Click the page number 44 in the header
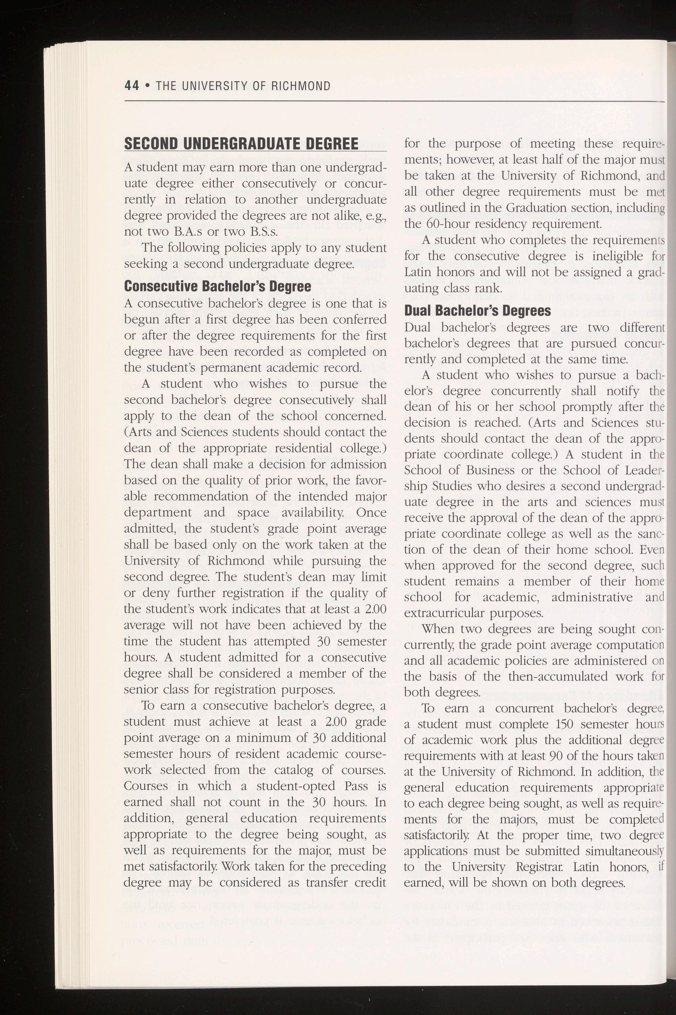tap(131, 86)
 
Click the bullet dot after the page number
tap(147, 86)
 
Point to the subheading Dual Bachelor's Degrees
tap(477, 311)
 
